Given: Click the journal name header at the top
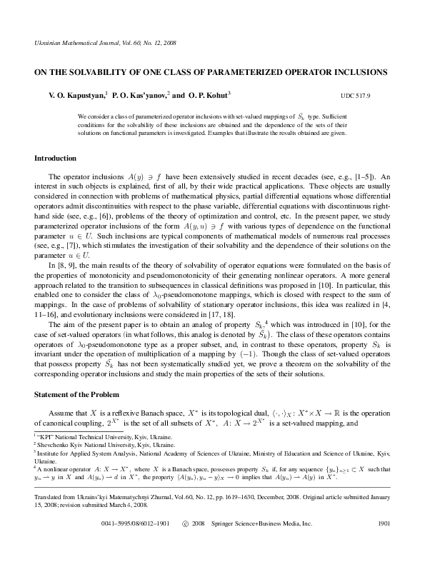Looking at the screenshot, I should coord(105,44).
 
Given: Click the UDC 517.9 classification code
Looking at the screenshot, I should coord(356,95).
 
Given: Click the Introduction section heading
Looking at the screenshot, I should coord(56,158).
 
